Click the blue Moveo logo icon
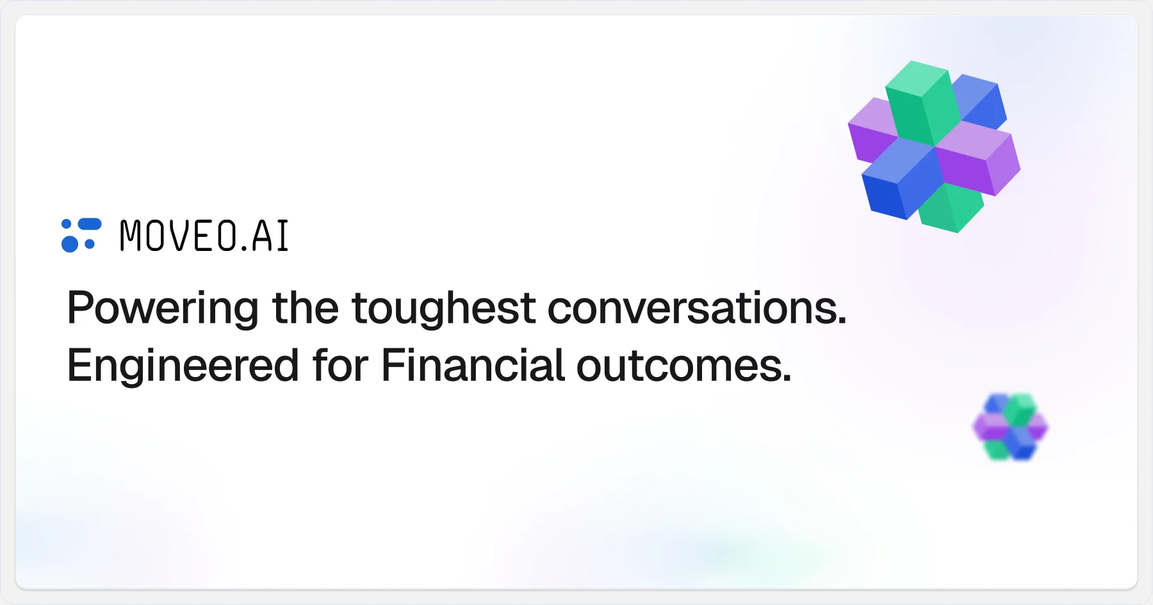(81, 235)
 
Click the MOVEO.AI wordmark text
(204, 236)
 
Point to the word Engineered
(183, 366)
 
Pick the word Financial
(473, 365)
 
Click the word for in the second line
(340, 365)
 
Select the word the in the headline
(305, 308)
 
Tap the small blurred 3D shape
(1010, 427)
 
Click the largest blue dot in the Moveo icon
(70, 244)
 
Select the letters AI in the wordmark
(270, 236)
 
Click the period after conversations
(842, 321)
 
